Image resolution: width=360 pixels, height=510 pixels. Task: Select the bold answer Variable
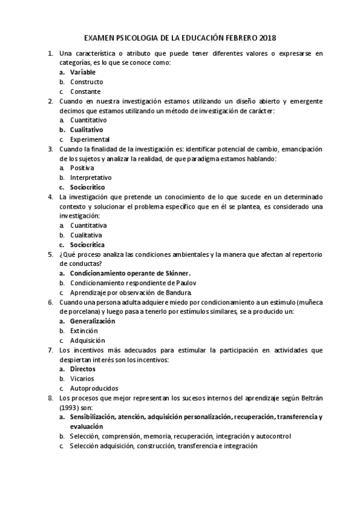pos(82,72)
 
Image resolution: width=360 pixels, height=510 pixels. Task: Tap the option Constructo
pos(87,82)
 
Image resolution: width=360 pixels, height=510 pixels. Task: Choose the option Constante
pos(85,91)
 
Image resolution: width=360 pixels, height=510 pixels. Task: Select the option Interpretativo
pos(91,177)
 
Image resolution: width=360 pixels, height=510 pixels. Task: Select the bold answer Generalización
pos(93,321)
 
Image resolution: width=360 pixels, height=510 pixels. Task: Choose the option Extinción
pos(84,331)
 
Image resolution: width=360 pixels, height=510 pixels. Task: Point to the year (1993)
pos(71,407)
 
